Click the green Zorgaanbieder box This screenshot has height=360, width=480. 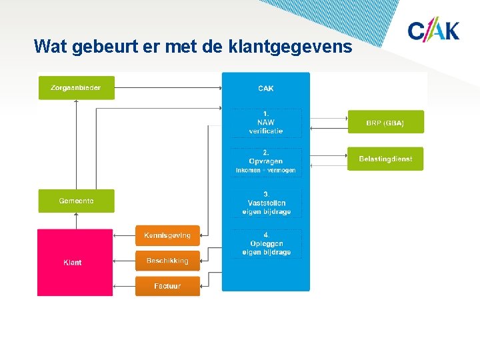click(76, 88)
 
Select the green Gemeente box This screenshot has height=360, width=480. click(76, 201)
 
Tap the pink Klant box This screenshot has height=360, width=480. click(75, 262)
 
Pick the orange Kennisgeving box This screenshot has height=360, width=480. click(167, 235)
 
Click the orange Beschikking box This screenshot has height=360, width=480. click(167, 261)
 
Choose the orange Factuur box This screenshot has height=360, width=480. click(167, 286)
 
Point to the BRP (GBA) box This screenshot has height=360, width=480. click(385, 123)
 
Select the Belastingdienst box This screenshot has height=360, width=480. click(385, 159)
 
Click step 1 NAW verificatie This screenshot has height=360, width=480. click(266, 123)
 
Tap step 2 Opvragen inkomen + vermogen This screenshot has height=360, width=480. click(266, 162)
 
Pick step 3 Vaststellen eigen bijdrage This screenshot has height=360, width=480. click(266, 203)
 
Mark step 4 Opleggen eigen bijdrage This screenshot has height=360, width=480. click(266, 244)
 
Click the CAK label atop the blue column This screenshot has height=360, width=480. click(266, 88)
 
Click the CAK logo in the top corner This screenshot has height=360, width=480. click(433, 31)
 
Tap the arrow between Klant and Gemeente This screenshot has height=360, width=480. click(76, 221)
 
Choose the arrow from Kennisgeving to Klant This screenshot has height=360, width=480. click(124, 235)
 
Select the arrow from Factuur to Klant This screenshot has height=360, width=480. click(124, 286)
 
